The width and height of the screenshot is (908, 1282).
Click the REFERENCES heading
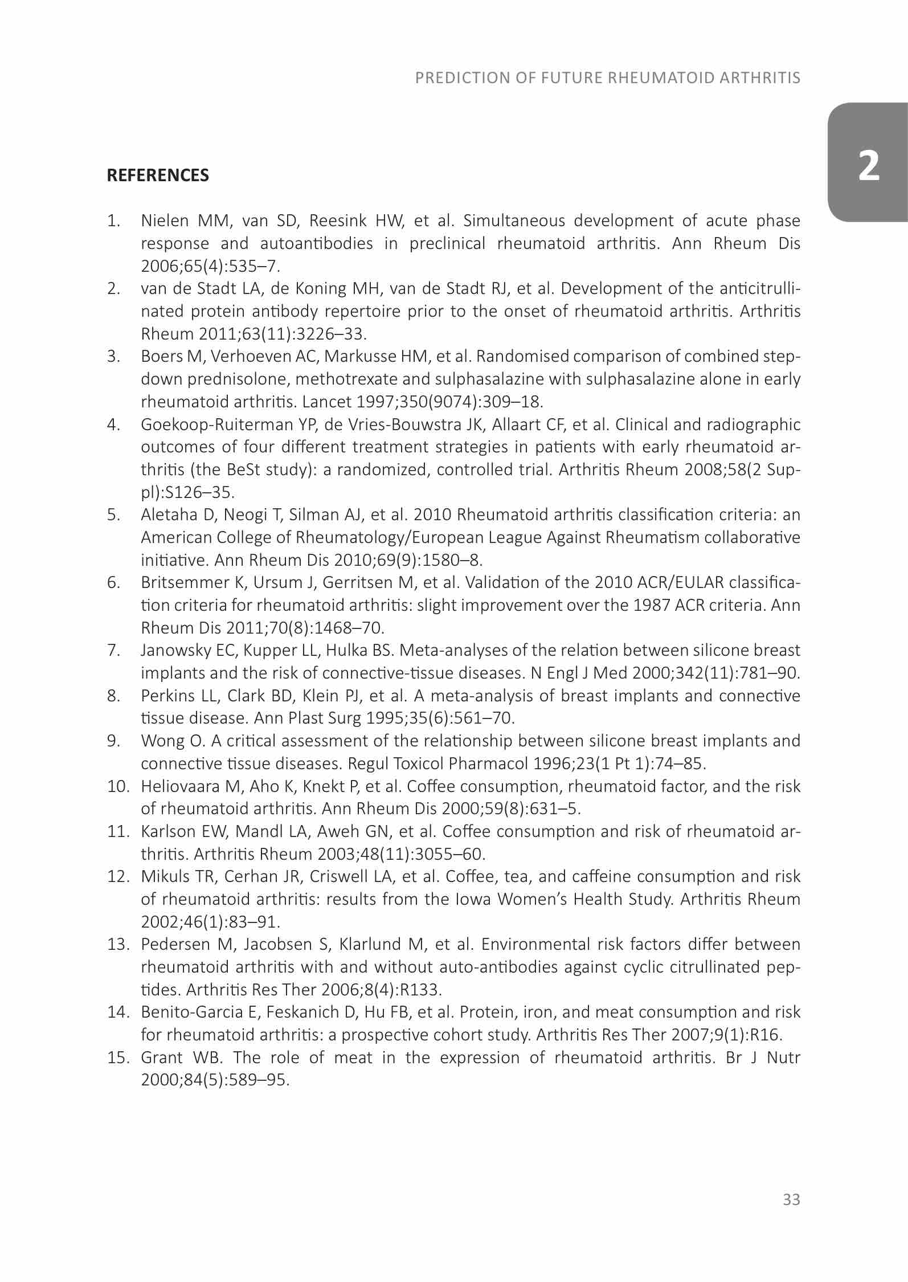[x=158, y=175]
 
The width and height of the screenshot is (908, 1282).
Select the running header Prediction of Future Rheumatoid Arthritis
[x=608, y=78]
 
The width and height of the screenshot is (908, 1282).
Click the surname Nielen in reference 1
[x=165, y=221]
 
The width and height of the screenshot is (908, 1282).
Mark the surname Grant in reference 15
[x=160, y=1058]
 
